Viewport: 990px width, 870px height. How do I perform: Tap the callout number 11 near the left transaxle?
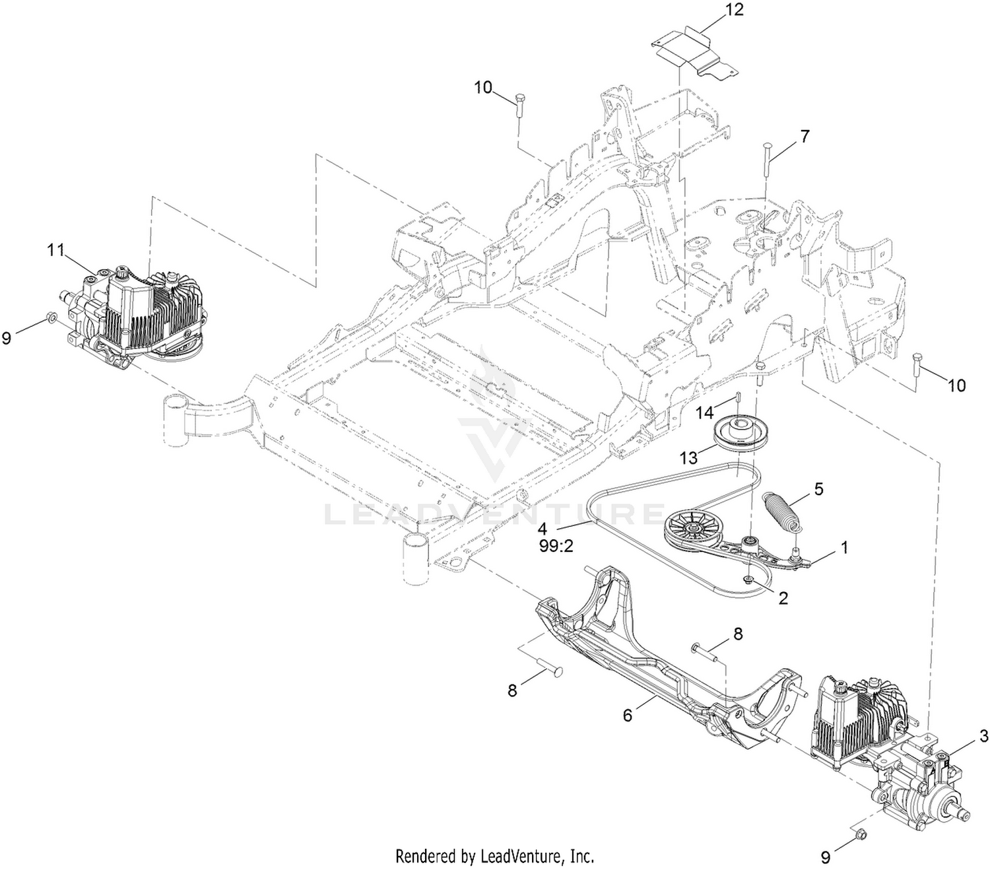pos(55,250)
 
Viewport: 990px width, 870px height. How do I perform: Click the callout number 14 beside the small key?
pos(704,413)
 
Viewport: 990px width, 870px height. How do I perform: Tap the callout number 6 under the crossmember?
pos(628,716)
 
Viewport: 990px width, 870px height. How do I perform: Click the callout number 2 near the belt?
pos(783,598)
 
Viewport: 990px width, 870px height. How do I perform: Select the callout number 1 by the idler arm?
pos(843,547)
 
